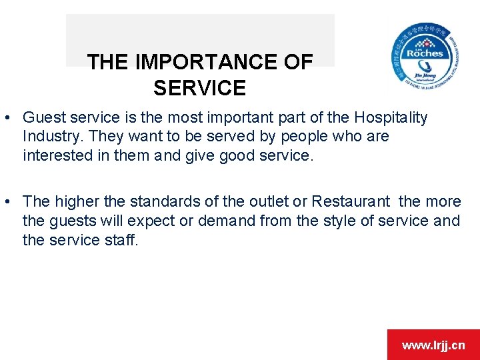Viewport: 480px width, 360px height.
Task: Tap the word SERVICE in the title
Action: coord(199,88)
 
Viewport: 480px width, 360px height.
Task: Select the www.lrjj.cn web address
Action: coord(433,345)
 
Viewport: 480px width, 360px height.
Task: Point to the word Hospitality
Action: coord(391,118)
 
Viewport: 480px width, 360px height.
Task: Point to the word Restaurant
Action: coord(351,201)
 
